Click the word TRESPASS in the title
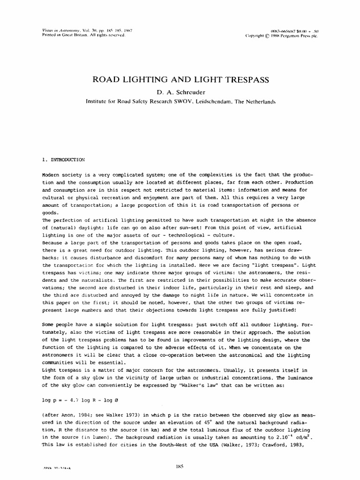point(239,80)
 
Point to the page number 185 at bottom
point(180,466)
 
